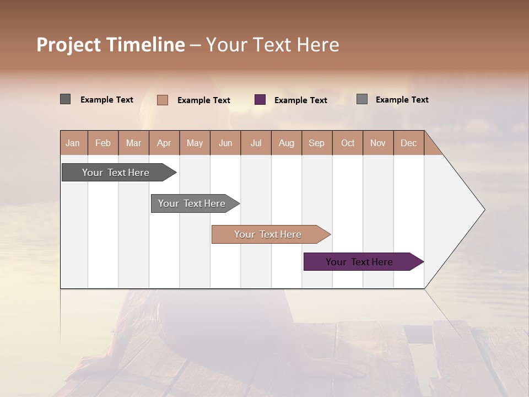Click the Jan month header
[x=73, y=143]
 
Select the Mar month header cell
[x=133, y=143]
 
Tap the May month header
[x=195, y=143]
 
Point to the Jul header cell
[x=256, y=143]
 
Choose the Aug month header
[x=286, y=143]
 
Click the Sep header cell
[x=316, y=143]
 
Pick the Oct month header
[x=348, y=143]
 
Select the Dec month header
[x=408, y=143]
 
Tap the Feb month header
[x=103, y=143]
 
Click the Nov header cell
[x=377, y=143]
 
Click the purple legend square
[x=260, y=100]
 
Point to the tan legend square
[x=163, y=100]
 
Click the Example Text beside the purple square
[x=300, y=100]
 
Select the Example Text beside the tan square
[x=203, y=100]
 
